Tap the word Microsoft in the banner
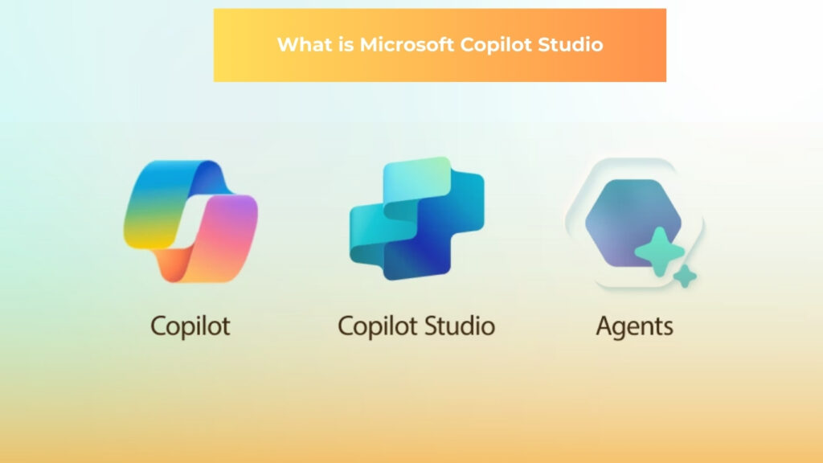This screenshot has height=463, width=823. coord(407,45)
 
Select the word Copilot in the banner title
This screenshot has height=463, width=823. coord(496,46)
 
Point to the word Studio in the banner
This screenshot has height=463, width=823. coord(571,45)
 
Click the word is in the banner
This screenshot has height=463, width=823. coord(346,45)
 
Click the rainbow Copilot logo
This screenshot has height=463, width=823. coord(190,221)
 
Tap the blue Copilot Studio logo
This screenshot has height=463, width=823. coord(417,219)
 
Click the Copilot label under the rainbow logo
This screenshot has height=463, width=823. coord(190,326)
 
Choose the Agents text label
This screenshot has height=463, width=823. coord(635,327)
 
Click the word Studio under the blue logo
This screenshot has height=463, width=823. coord(460,326)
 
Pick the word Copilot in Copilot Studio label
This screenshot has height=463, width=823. coord(378,326)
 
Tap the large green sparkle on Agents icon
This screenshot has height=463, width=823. coord(660,252)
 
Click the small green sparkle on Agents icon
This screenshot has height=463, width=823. coord(685,277)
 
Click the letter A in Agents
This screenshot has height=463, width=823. coord(605,326)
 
